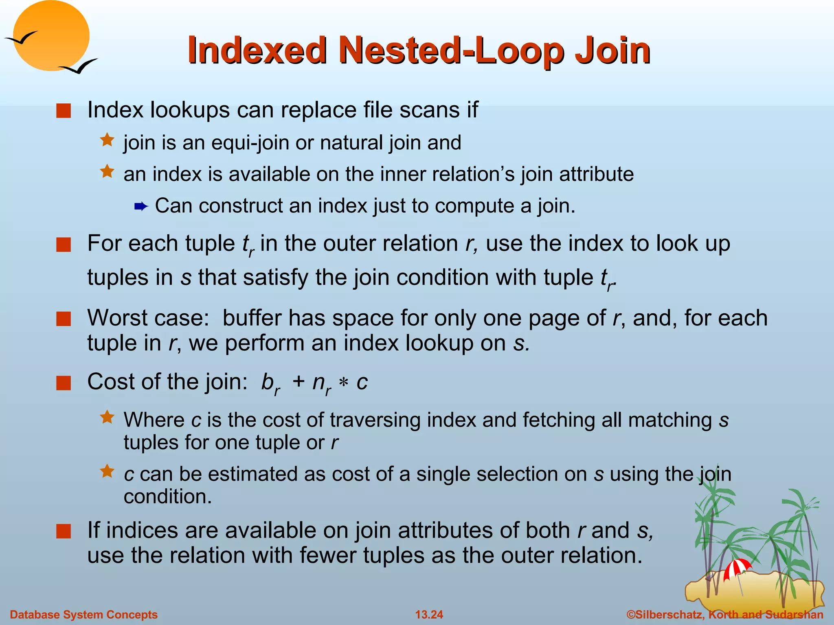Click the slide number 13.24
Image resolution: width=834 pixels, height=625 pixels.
[x=429, y=614]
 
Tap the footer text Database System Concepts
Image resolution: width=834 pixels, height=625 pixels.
[x=83, y=614]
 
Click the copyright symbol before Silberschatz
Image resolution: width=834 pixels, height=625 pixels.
[x=631, y=614]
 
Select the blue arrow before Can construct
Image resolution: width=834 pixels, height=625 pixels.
[x=140, y=207]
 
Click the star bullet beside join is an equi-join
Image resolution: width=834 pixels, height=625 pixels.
[x=107, y=140]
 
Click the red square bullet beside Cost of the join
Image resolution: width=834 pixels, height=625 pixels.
[x=64, y=383]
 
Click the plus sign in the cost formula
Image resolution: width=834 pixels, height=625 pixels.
[x=298, y=382]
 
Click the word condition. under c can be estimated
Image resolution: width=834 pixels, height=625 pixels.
[x=168, y=497]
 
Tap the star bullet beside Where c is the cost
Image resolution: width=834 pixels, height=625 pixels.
[x=107, y=417]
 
